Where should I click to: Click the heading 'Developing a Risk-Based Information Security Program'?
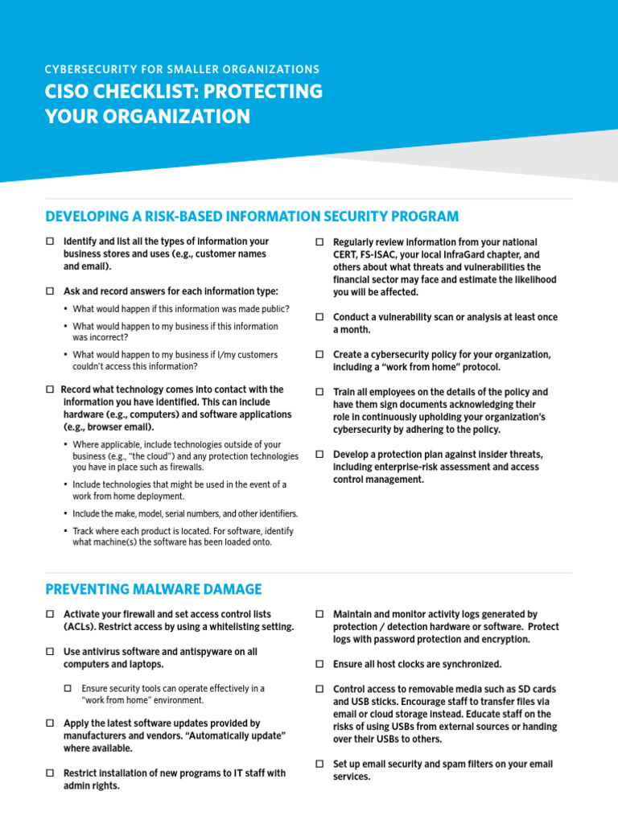[252, 216]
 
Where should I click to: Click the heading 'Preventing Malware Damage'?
[153, 589]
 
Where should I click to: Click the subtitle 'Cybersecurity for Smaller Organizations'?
[182, 69]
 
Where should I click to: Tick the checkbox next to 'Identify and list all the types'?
[50, 241]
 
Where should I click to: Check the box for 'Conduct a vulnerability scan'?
[319, 317]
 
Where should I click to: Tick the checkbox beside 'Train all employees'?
[319, 392]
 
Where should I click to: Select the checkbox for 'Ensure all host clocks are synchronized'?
[319, 665]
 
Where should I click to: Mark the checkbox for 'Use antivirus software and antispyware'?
[50, 652]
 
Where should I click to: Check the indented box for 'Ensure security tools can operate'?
[68, 689]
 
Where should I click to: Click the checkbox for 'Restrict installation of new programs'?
[50, 773]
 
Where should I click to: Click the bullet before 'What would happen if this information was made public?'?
[66, 309]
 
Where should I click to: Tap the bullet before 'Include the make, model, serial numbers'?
[66, 513]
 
